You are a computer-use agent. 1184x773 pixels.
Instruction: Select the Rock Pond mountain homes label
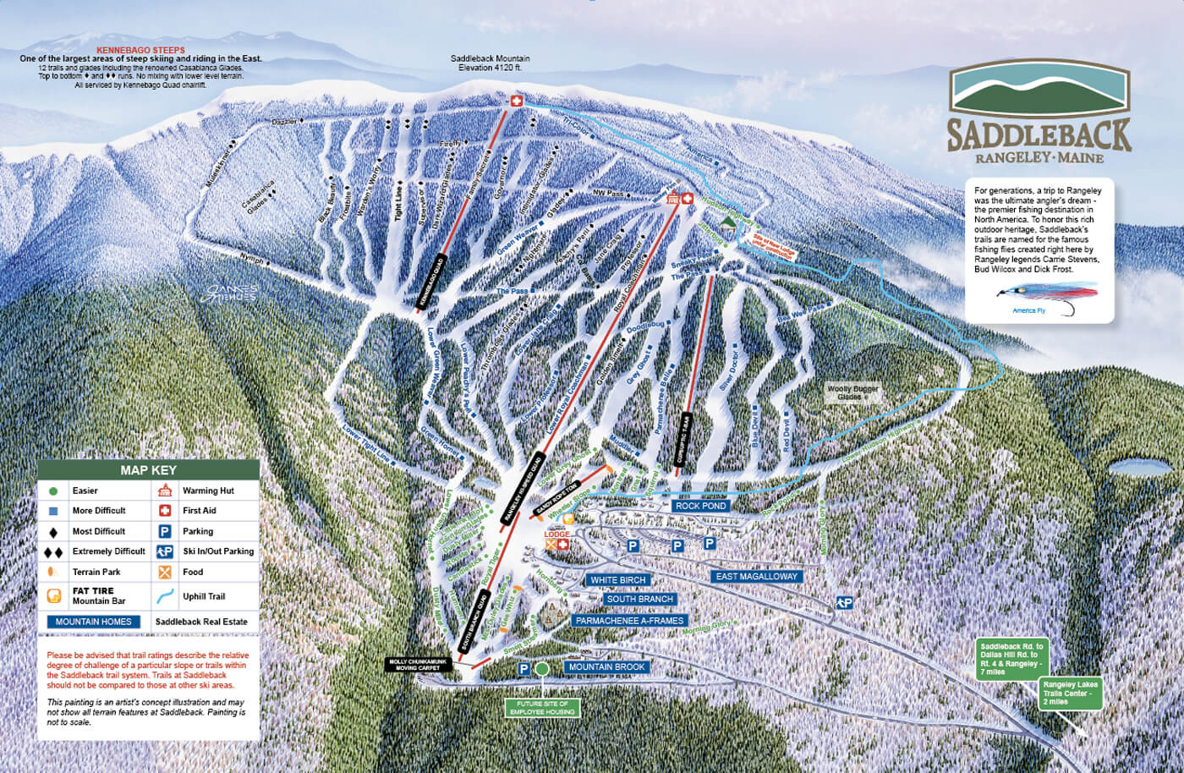[700, 506]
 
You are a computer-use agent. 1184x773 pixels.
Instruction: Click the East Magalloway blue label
[756, 576]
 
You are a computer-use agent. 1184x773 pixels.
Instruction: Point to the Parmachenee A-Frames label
[629, 621]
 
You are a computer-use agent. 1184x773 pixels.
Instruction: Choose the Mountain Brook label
[606, 667]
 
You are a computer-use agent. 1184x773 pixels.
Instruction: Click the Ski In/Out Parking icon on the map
[843, 602]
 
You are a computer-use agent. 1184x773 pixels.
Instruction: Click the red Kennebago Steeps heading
[140, 50]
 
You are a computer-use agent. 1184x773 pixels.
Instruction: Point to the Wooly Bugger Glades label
[852, 392]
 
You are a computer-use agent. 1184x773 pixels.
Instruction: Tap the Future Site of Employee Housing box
[543, 708]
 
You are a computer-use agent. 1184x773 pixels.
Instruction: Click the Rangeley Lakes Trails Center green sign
[1070, 694]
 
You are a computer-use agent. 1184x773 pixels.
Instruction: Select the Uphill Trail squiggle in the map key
[166, 595]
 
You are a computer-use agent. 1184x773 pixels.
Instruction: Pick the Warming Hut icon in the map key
[166, 491]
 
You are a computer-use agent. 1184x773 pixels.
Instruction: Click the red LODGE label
[556, 535]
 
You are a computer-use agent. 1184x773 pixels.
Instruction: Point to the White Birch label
[617, 580]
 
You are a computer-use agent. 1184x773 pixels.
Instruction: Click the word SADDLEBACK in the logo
[1039, 135]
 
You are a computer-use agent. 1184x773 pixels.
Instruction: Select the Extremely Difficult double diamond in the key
[53, 551]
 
